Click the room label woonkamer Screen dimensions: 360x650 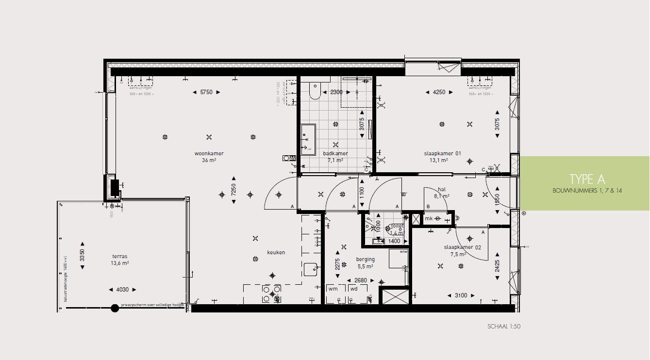click(209, 154)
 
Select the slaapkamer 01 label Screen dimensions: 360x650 click(442, 154)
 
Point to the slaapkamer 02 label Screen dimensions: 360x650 click(462, 247)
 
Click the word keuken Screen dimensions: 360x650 click(276, 253)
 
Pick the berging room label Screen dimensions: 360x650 click(365, 260)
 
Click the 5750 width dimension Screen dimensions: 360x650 click(206, 92)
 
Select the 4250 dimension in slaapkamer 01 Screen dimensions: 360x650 click(439, 92)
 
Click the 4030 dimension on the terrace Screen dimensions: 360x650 click(122, 290)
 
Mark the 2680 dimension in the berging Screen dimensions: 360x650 click(361, 280)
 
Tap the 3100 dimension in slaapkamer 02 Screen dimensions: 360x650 click(461, 295)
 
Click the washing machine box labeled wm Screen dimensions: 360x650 click(333, 289)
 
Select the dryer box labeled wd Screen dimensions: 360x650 click(353, 289)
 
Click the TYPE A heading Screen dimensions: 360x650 click(587, 179)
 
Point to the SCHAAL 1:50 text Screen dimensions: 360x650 click(504, 327)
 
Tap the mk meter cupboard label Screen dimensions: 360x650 click(429, 219)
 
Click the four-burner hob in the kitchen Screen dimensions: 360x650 click(271, 294)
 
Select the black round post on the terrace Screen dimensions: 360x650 click(115, 308)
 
